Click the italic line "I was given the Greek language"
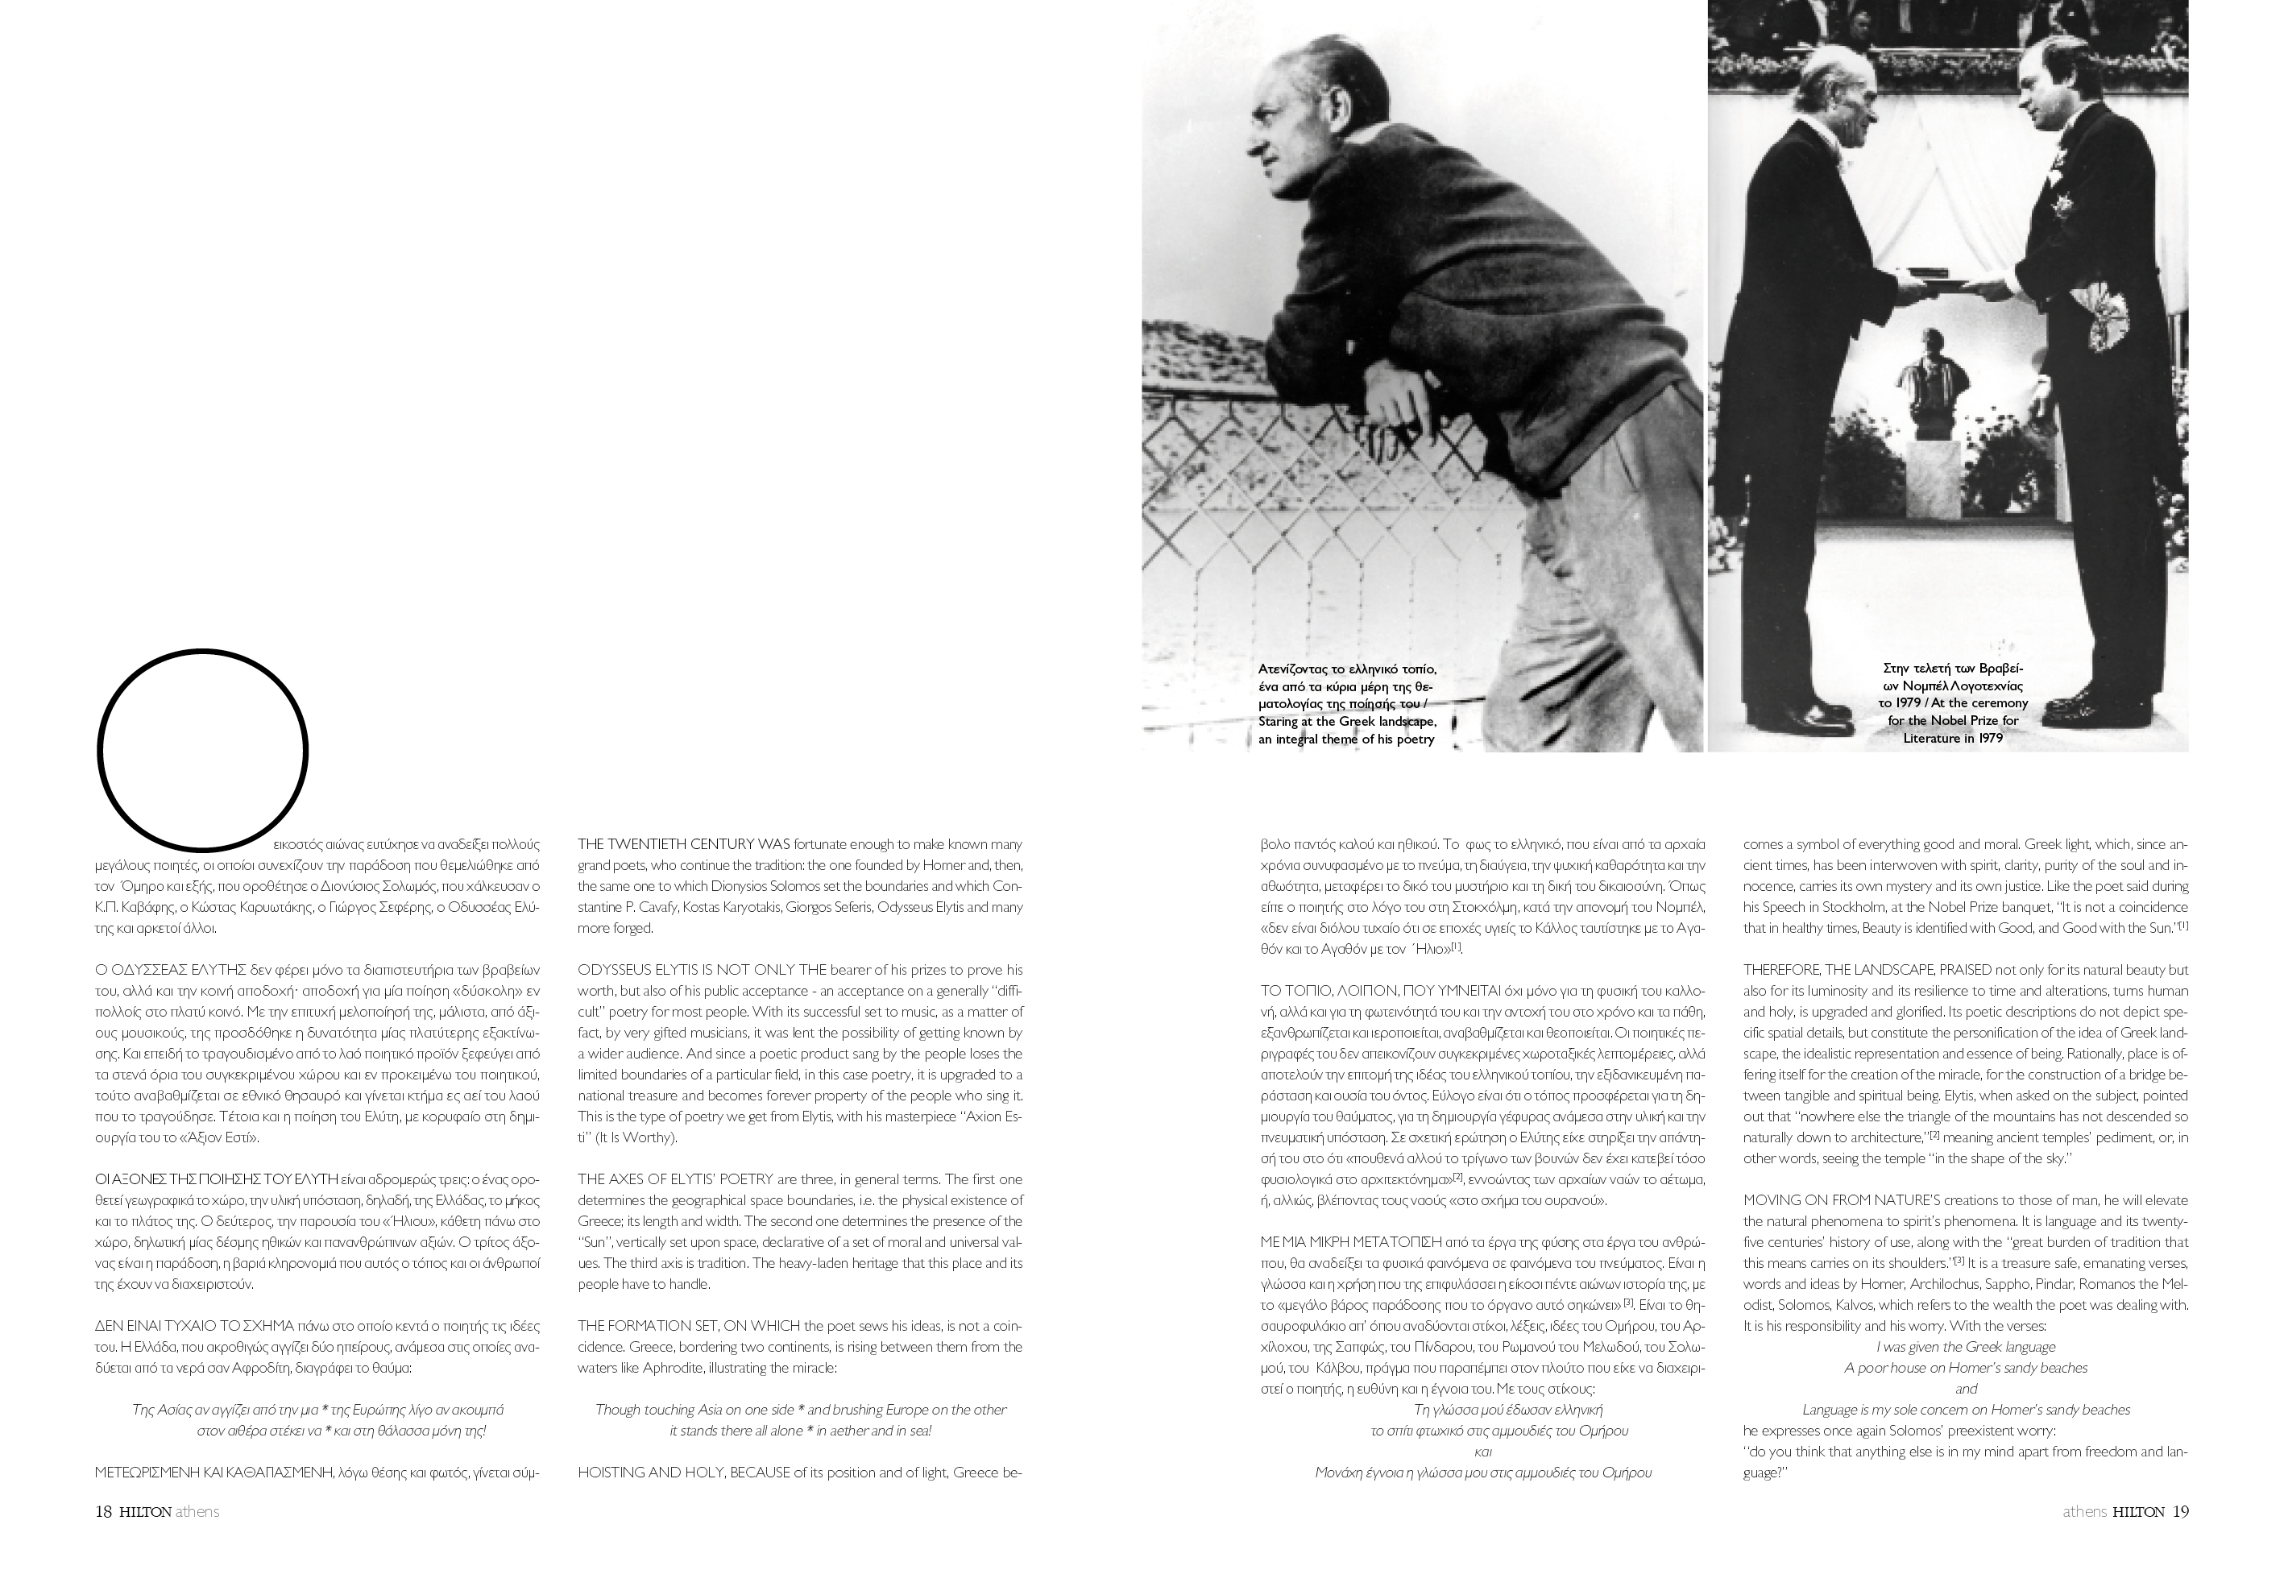[x=1965, y=1347]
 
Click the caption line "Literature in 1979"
[x=1953, y=739]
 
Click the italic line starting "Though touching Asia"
[x=800, y=1410]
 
